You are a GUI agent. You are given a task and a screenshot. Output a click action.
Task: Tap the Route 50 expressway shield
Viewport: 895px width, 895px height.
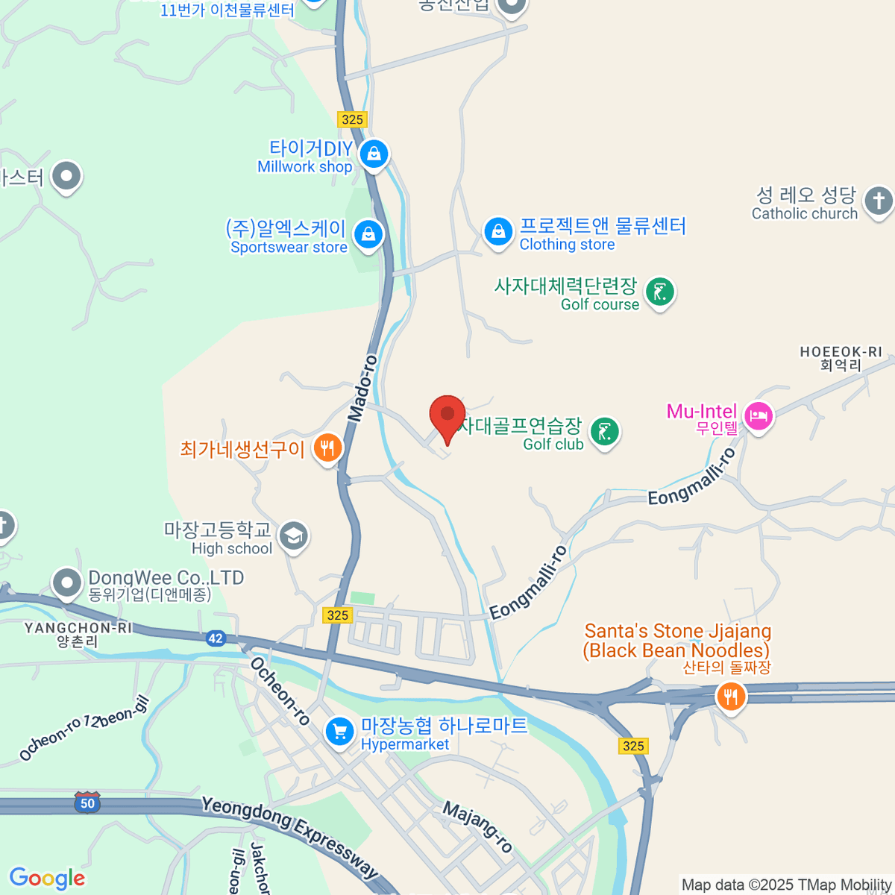coord(87,803)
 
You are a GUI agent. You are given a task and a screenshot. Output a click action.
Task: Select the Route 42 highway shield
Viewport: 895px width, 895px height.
coord(216,638)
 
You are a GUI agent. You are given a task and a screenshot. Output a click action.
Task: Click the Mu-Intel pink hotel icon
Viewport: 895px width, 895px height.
coord(758,416)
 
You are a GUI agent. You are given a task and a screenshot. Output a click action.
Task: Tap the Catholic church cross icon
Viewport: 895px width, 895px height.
coord(878,201)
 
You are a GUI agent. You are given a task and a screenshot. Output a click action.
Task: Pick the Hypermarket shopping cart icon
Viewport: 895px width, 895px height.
coord(340,731)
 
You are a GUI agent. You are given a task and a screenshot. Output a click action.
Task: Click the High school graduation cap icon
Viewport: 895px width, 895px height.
coord(294,536)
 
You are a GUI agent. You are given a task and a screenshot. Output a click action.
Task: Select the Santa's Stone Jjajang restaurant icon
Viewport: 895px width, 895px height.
coord(730,697)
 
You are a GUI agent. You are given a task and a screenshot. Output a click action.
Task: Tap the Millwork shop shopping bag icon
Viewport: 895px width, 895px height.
coord(374,154)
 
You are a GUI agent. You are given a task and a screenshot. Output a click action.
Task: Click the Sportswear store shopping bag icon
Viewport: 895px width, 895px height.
coord(368,235)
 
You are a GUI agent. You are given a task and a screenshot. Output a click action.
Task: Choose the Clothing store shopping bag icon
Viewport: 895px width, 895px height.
coord(497,231)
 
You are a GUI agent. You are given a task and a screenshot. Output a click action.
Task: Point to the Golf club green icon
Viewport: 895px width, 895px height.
coord(605,432)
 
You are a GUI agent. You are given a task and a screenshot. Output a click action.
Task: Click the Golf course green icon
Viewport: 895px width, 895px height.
coord(660,292)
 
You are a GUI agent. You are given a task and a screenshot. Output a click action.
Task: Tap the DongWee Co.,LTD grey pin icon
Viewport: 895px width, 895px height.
coord(66,582)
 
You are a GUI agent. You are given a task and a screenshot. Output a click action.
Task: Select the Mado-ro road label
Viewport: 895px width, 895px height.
coord(362,388)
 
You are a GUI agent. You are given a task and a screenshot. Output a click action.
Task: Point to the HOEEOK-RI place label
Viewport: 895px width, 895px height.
coord(841,358)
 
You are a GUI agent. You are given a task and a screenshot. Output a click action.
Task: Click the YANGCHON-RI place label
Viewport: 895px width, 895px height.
coord(78,634)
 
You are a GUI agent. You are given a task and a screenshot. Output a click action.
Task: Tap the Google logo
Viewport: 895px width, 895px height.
coord(47,879)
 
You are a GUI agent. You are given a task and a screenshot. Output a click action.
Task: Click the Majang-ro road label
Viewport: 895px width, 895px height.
coord(478,826)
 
